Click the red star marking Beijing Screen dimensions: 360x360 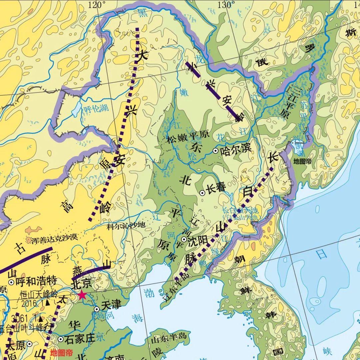(82, 295)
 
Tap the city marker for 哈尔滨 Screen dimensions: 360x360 (216, 151)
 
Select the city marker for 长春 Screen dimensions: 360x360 (202, 193)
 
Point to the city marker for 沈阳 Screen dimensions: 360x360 (184, 239)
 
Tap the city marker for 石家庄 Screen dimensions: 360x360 (61, 339)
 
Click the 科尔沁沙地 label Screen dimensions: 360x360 (126, 226)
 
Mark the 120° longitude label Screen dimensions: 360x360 (97, 5)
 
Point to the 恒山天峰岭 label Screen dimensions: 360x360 (39, 295)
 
